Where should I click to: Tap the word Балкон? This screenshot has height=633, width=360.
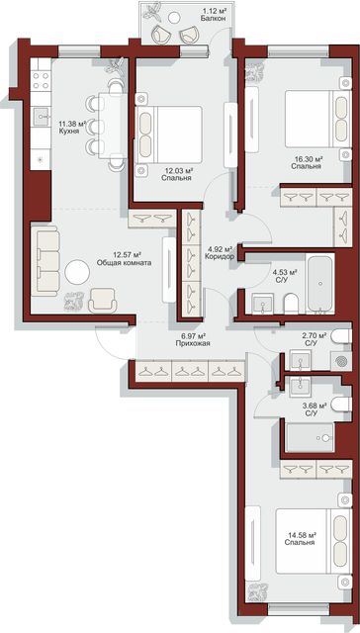click(x=212, y=18)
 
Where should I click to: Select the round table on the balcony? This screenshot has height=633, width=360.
click(x=174, y=18)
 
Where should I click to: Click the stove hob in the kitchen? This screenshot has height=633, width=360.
click(x=41, y=80)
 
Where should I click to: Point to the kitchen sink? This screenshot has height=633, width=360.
click(x=41, y=118)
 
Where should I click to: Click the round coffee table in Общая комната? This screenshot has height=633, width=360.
click(x=77, y=273)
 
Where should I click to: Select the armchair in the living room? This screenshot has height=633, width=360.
click(x=103, y=301)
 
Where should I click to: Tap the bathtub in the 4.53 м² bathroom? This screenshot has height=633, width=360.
click(x=320, y=284)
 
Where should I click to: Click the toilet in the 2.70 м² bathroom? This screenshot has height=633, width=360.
click(x=341, y=336)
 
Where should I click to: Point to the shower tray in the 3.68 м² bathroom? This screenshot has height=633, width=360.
click(x=310, y=437)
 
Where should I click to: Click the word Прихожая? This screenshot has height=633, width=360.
click(x=193, y=344)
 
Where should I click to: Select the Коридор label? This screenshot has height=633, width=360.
click(x=220, y=256)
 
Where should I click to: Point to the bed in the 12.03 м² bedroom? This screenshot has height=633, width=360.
click(x=169, y=135)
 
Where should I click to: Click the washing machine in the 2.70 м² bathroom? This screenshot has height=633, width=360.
click(x=341, y=360)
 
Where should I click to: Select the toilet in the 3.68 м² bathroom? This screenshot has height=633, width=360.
click(x=341, y=404)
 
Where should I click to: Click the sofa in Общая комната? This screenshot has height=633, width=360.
click(x=45, y=261)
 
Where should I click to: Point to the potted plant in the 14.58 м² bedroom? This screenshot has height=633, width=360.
click(x=257, y=592)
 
